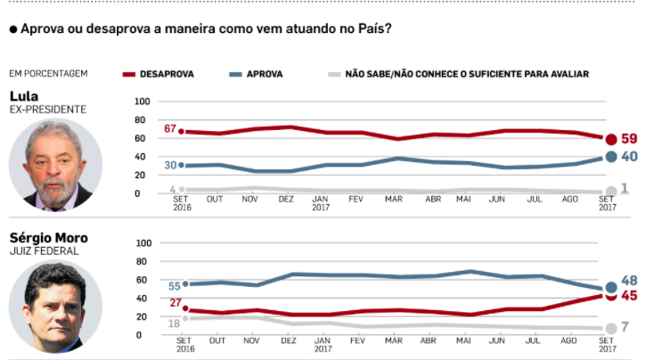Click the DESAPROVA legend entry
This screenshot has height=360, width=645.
tap(167, 74)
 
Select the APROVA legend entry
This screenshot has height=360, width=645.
tap(263, 74)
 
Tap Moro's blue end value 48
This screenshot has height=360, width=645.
tap(629, 281)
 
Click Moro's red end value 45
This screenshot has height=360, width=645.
tap(629, 296)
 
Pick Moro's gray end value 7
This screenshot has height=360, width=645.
tap(625, 327)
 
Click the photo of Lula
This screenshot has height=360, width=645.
tap(55, 166)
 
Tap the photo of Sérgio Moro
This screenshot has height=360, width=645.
tap(55, 306)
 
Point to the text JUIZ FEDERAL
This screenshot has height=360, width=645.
tap(44, 251)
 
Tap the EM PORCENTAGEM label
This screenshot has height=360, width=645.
tap(48, 74)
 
